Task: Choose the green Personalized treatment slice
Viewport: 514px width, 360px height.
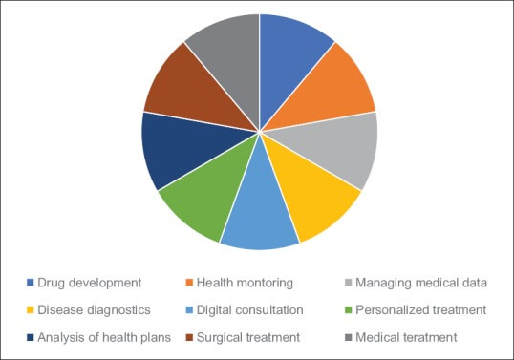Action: click(x=201, y=202)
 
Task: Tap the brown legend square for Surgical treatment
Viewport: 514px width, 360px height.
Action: click(x=187, y=336)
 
